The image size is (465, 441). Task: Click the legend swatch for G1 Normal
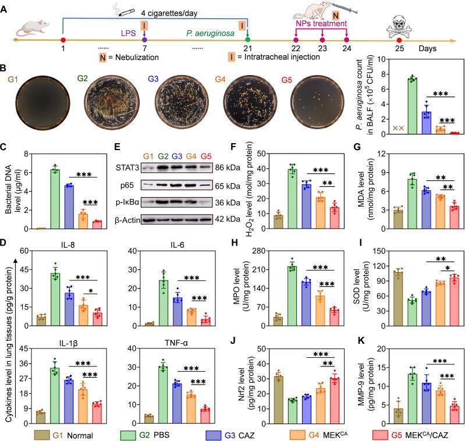point(41,433)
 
